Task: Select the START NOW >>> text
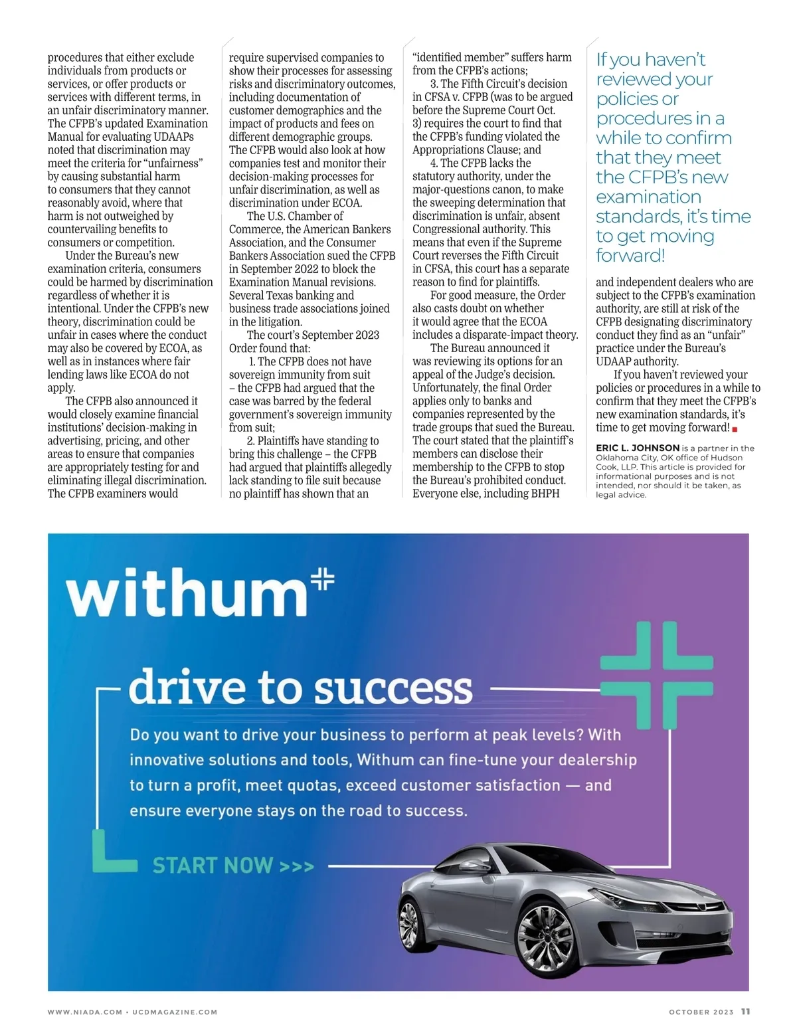(232, 866)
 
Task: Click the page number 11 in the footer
(746, 1011)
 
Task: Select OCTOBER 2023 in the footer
(701, 1012)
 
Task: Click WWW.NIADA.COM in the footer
(84, 1012)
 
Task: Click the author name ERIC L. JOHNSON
(637, 448)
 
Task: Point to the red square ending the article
(735, 429)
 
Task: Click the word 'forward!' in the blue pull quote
(630, 256)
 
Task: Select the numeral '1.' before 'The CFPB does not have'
(252, 361)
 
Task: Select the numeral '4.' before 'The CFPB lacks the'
(434, 163)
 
